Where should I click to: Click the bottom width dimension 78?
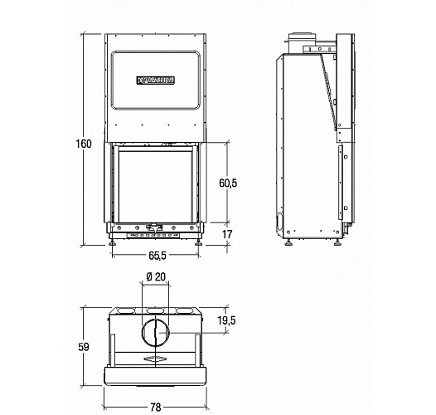point(155,407)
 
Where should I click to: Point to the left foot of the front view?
point(114,243)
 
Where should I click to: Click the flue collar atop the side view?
point(299,39)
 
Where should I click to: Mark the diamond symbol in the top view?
point(155,359)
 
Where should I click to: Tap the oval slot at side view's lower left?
point(279,221)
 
